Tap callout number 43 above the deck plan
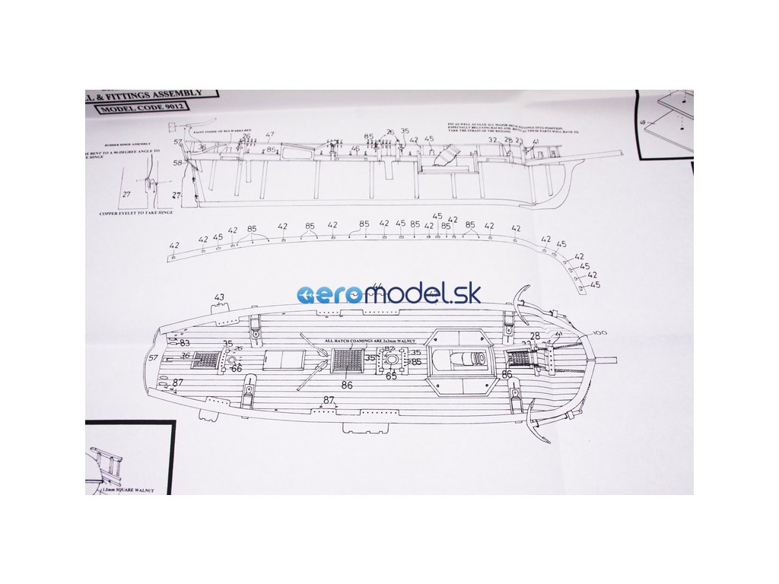click(x=220, y=297)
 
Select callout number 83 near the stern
click(x=184, y=343)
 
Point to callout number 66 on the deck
click(x=236, y=368)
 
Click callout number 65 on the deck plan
click(x=391, y=376)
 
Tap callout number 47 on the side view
click(x=270, y=135)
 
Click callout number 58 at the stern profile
click(x=177, y=163)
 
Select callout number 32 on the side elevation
click(x=492, y=141)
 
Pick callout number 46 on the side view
click(x=355, y=149)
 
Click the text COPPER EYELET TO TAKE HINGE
click(x=136, y=214)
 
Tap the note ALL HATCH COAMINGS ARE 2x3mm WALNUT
click(x=368, y=341)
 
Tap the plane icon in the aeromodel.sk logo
click(x=310, y=295)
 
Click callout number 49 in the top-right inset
click(x=644, y=122)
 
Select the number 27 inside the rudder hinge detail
click(x=126, y=195)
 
